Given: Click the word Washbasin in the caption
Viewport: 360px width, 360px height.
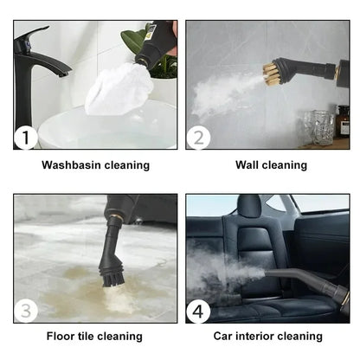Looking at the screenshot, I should click(71, 164).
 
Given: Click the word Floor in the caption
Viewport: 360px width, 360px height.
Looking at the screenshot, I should click(60, 336).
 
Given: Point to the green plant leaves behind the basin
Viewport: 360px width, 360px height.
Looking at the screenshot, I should click(134, 39).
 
